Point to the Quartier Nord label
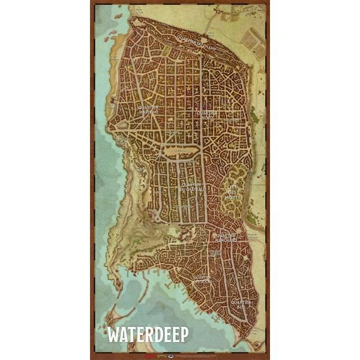point(206,114)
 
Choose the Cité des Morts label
point(232,193)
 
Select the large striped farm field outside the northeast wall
point(253,39)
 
